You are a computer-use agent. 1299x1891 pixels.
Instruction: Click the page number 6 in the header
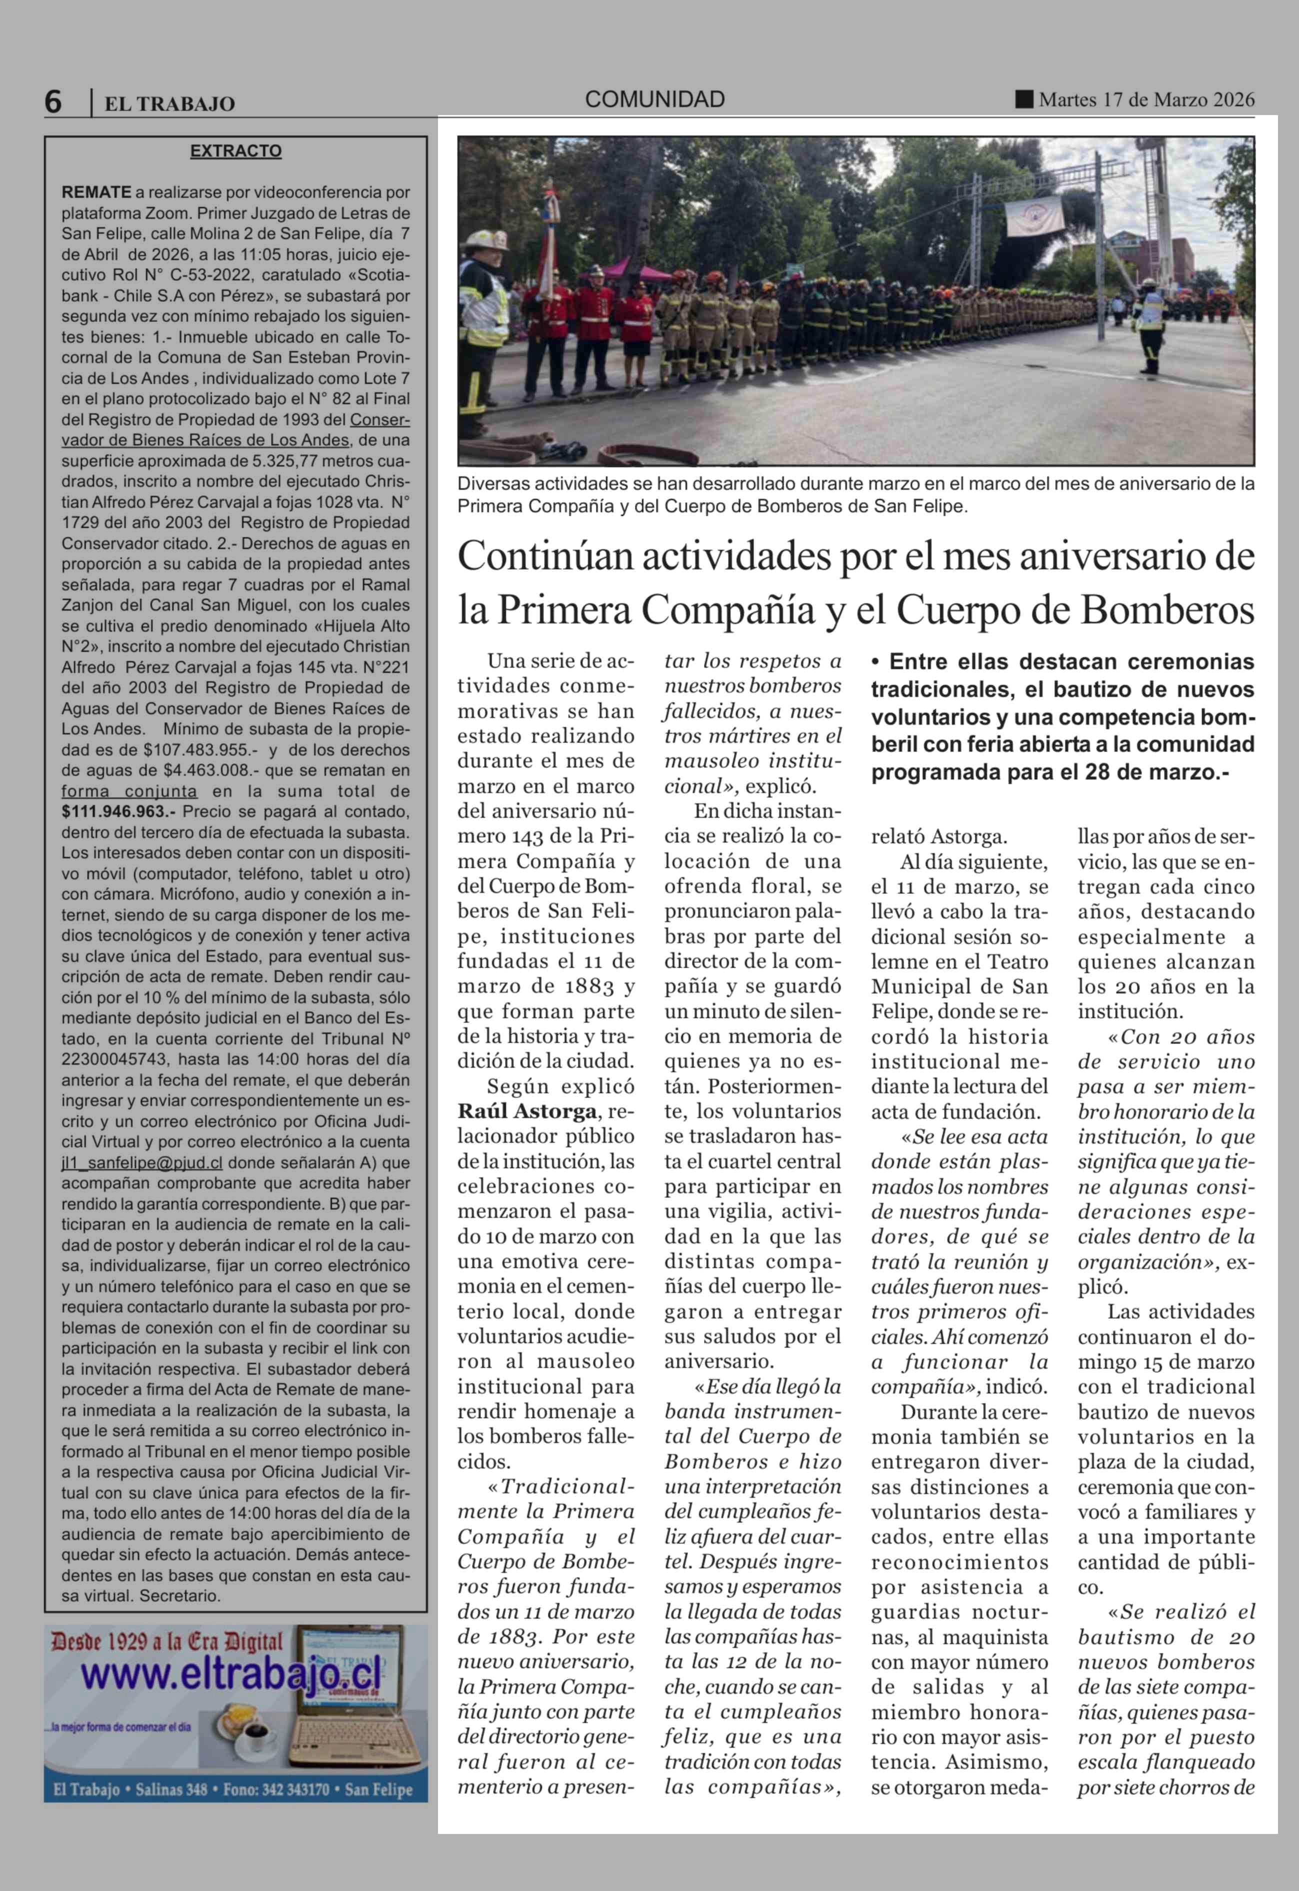[x=53, y=102]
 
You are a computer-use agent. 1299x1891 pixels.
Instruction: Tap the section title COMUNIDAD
[x=654, y=100]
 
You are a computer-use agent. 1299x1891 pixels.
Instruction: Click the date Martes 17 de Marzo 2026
[x=1146, y=100]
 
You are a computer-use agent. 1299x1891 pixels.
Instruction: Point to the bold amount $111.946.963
[x=119, y=812]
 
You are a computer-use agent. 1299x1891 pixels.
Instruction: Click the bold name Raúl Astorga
[x=527, y=1112]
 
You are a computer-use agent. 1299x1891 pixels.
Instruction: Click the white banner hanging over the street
[x=1033, y=214]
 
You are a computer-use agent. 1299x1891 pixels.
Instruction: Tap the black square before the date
[x=1023, y=100]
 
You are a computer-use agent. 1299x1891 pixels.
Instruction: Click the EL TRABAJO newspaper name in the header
[x=169, y=104]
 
